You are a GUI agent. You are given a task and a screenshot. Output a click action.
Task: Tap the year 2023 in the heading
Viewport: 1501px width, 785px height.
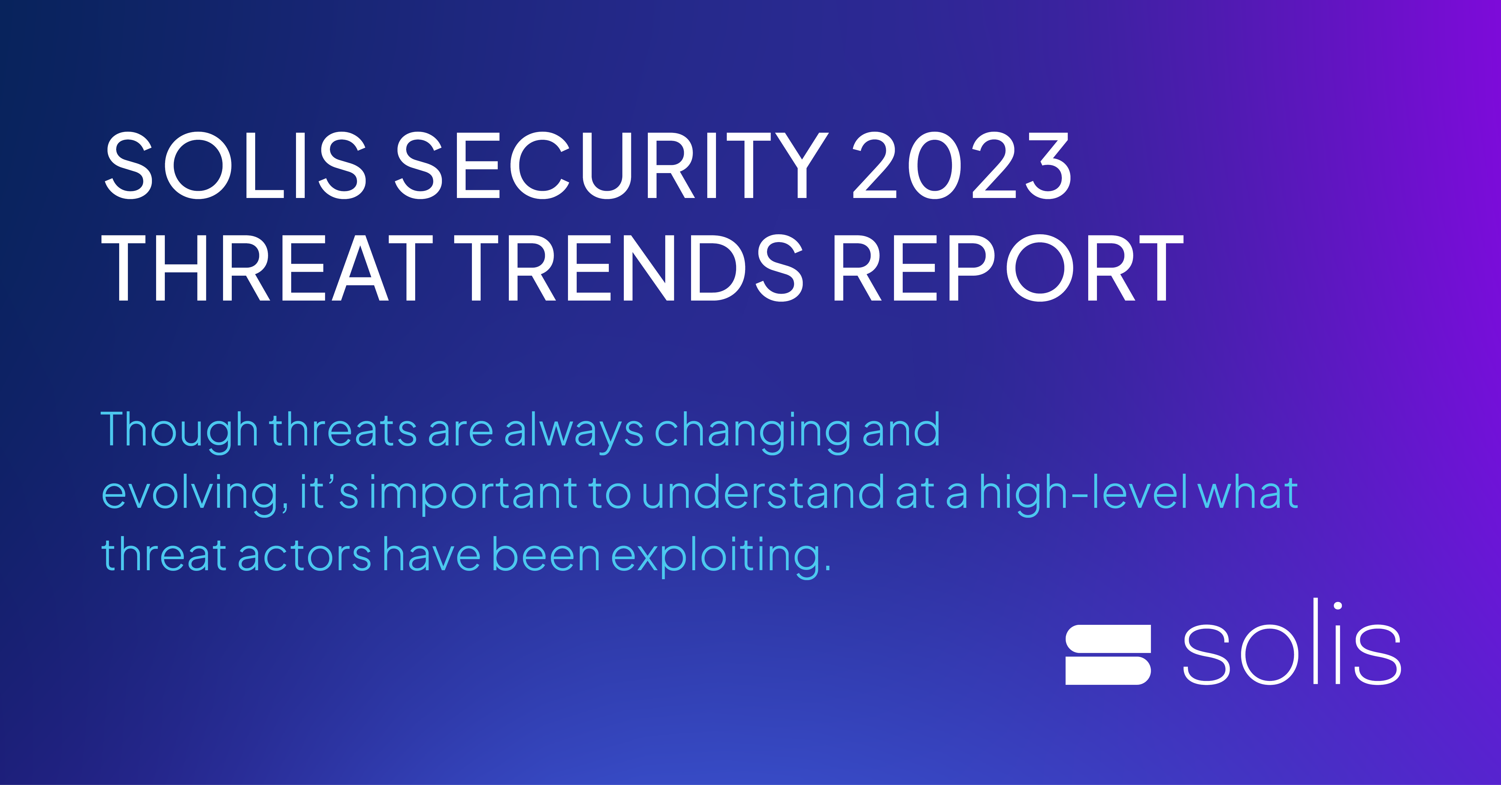962,166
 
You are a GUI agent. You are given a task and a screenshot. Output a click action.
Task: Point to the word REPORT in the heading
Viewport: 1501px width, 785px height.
1008,269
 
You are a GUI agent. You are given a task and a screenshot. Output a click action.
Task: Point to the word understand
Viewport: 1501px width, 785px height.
763,492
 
